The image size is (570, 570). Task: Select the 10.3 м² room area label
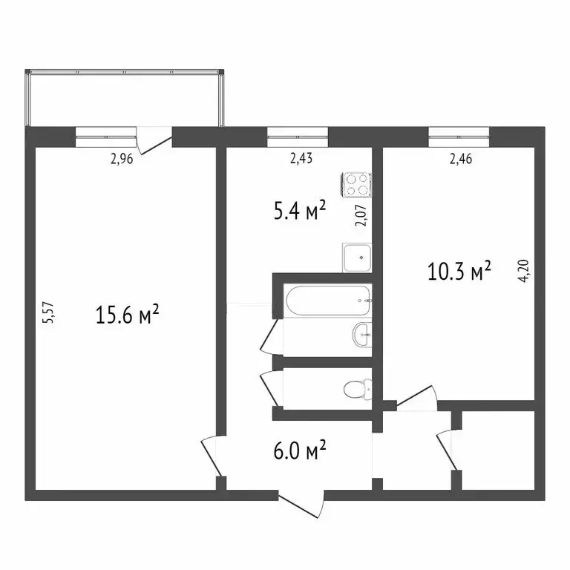tap(459, 272)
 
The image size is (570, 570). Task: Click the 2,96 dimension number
tap(121, 158)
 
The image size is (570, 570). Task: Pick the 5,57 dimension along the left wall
tap(49, 312)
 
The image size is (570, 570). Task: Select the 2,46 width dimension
tap(461, 158)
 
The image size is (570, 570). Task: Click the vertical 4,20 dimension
tap(525, 272)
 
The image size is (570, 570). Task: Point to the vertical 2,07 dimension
tap(361, 214)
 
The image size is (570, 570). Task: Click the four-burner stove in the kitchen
tap(356, 185)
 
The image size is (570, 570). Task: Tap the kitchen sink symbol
tap(357, 257)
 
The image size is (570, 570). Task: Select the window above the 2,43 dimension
tap(298, 134)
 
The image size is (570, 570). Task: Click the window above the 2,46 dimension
tap(459, 134)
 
